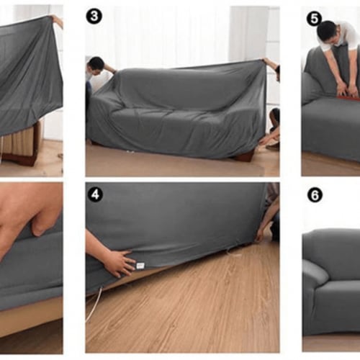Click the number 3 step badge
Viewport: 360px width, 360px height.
(94, 17)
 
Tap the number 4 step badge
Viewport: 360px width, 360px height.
(95, 194)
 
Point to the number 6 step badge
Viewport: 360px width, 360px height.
(315, 195)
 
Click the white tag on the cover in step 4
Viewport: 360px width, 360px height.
(140, 266)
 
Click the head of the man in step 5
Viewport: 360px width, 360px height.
(326, 32)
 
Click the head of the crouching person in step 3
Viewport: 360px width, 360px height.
(276, 116)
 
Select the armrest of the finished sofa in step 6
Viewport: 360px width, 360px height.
(315, 271)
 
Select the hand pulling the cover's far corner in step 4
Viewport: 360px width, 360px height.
(260, 238)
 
